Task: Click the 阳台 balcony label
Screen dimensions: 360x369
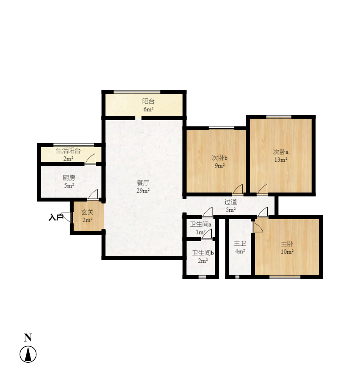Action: (x=148, y=101)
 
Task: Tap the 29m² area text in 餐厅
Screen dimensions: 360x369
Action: (x=143, y=191)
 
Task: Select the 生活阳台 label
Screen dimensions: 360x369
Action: (x=68, y=151)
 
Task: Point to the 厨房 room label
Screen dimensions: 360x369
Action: (x=69, y=178)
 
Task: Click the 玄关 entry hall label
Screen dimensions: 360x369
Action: (x=87, y=212)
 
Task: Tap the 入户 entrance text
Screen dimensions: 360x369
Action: (x=56, y=217)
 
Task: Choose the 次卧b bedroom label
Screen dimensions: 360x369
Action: (x=220, y=158)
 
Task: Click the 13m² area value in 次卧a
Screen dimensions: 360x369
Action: (x=281, y=160)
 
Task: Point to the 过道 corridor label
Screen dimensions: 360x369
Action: (x=230, y=202)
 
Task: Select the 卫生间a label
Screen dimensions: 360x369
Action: (x=201, y=224)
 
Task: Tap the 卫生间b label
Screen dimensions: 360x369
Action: (x=203, y=253)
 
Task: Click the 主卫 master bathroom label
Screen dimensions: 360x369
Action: (x=240, y=243)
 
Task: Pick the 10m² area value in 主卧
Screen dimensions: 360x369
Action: (x=287, y=252)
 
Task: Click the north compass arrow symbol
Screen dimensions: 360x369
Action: (x=28, y=354)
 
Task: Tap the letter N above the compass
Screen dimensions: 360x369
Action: (x=28, y=337)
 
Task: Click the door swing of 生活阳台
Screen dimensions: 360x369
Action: (x=90, y=158)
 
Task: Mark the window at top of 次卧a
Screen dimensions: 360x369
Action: (x=279, y=117)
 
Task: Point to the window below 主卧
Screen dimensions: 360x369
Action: (x=285, y=277)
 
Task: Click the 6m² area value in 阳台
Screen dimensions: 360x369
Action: (x=149, y=110)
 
